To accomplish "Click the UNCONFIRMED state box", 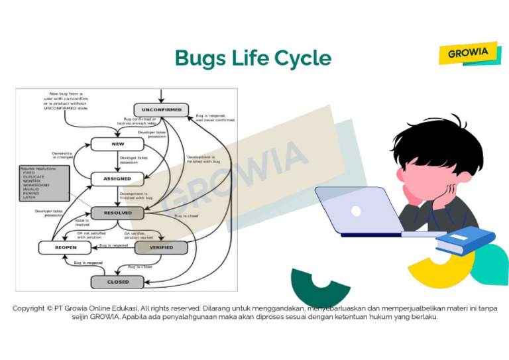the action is pos(162,110).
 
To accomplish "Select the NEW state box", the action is pos(117,144).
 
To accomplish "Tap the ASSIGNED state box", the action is pos(117,179).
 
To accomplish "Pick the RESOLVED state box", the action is pos(117,213).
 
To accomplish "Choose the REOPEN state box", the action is pos(66,247).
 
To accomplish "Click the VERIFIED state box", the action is pos(161,247).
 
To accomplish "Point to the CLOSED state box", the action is pos(118,282).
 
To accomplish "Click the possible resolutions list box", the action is pos(44,183).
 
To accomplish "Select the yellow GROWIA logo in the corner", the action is pos(469,53).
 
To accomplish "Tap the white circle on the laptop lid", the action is pos(356,211).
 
